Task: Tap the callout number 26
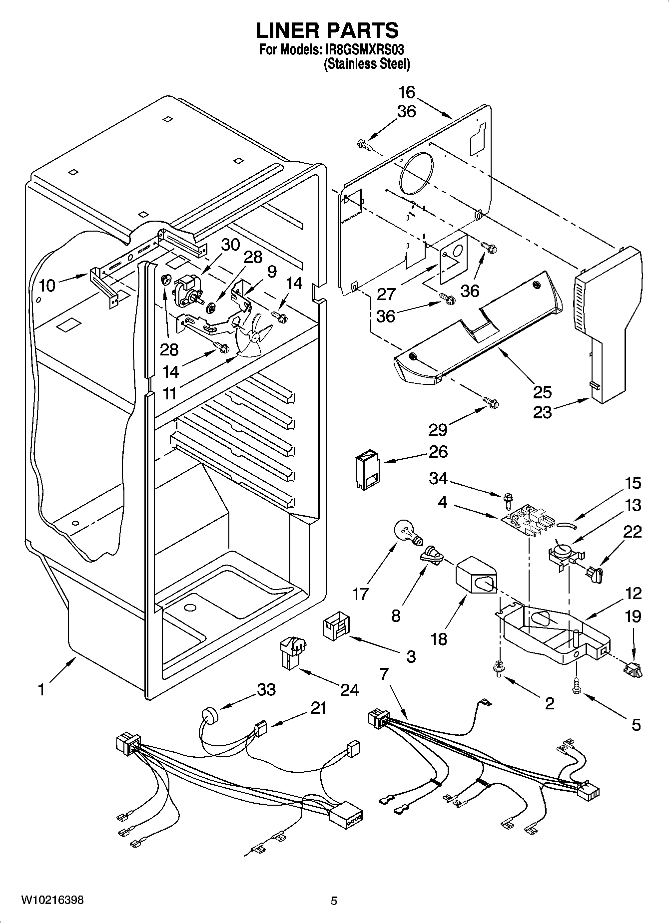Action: (438, 452)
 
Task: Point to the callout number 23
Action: (542, 412)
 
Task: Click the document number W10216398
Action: (52, 900)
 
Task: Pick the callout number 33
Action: (266, 690)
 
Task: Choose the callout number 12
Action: (633, 594)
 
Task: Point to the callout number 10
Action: (47, 286)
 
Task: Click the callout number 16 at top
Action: (407, 92)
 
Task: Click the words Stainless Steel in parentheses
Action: (367, 64)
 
